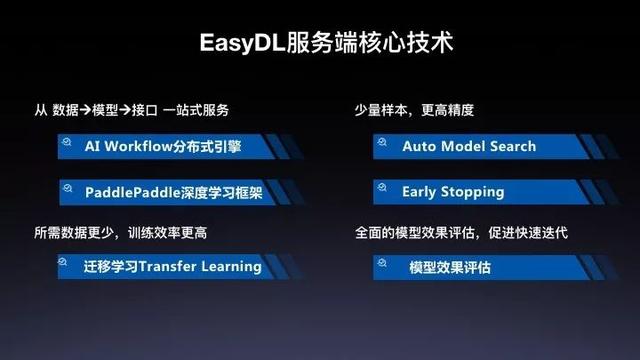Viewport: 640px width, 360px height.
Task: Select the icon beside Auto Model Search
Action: (x=380, y=144)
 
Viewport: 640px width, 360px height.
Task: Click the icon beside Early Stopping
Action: (x=380, y=189)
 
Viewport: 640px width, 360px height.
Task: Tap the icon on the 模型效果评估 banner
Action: (x=380, y=265)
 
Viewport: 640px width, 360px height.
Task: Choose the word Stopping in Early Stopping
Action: (x=473, y=191)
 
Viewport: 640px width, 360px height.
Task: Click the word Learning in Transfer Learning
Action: (x=230, y=266)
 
